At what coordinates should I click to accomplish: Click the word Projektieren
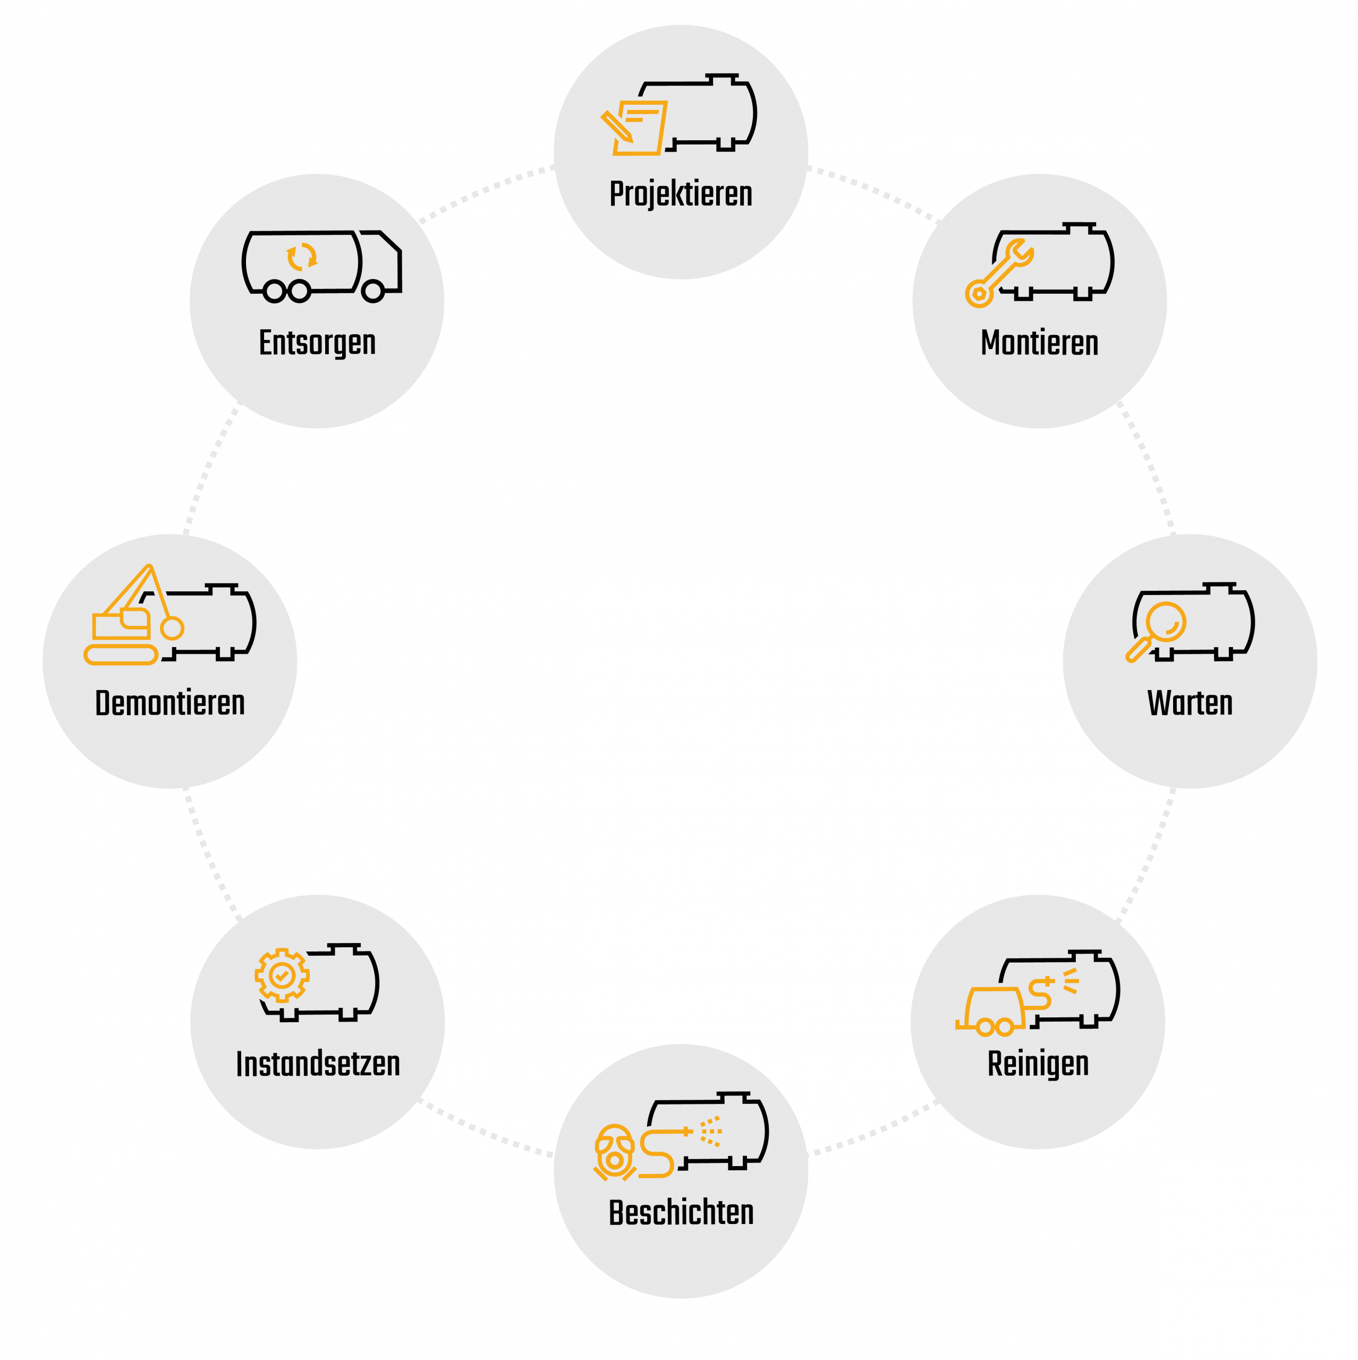tap(681, 194)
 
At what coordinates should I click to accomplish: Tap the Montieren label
tap(1039, 344)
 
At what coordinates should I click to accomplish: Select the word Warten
tap(1190, 703)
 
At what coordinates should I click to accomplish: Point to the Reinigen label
tap(1038, 1064)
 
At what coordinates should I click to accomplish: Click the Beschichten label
tap(681, 1213)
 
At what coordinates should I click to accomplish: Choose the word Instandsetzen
tap(318, 1064)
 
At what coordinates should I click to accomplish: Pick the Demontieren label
tap(169, 703)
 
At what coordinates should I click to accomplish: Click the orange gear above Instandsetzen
tap(282, 976)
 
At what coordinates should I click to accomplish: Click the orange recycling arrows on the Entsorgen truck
tap(301, 258)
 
